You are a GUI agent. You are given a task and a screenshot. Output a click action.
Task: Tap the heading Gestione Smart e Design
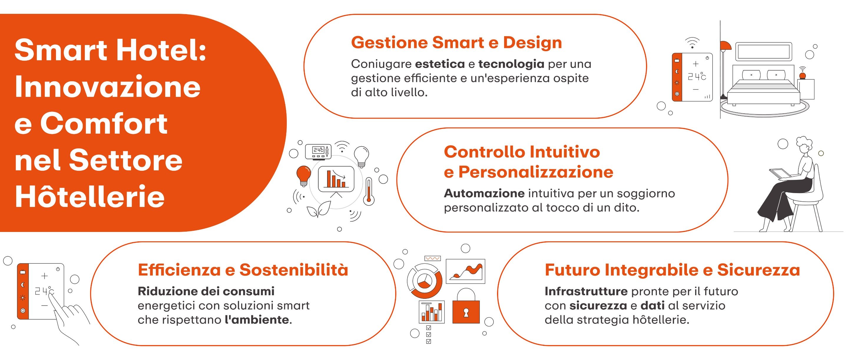[x=456, y=43]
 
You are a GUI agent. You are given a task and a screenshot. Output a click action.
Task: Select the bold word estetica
[x=440, y=64]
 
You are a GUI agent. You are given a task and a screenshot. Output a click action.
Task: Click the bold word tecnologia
[x=511, y=64]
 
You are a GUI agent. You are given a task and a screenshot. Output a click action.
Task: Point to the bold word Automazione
[x=484, y=193]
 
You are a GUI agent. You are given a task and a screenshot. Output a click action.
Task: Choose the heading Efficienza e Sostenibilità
[x=243, y=270]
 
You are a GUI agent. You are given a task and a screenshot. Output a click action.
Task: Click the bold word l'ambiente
[x=258, y=319]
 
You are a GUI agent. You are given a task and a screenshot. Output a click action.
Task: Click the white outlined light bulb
[x=362, y=157]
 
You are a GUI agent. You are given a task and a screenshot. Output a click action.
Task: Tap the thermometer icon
[x=369, y=192]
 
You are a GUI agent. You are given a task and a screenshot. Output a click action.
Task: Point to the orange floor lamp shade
[x=725, y=46]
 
